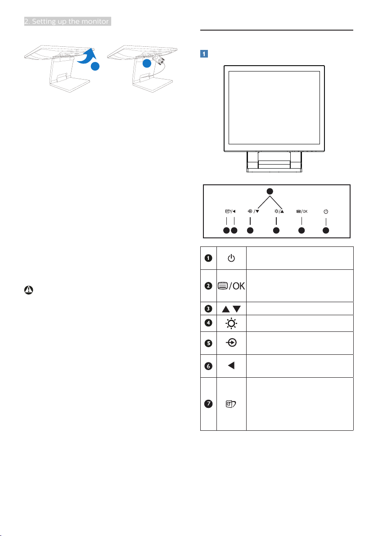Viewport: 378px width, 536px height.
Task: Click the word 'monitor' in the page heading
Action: click(x=95, y=21)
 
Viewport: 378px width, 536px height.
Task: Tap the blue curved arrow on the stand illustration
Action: click(x=86, y=56)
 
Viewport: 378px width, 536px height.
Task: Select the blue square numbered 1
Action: click(x=204, y=54)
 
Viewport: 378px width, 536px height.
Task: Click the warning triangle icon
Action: click(x=29, y=290)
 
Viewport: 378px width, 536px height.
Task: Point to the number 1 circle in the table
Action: click(x=208, y=258)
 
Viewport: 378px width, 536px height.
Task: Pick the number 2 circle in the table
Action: click(x=208, y=286)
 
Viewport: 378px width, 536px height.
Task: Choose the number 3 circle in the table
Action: click(x=208, y=308)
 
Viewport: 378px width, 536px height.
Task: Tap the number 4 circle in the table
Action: click(x=208, y=323)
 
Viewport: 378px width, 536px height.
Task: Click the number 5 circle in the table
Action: click(x=208, y=343)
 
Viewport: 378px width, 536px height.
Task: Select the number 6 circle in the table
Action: click(x=208, y=366)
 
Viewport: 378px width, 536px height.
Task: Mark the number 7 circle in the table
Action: click(x=208, y=404)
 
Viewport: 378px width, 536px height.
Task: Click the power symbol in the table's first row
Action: click(x=231, y=258)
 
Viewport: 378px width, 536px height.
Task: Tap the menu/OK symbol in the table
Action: click(x=231, y=286)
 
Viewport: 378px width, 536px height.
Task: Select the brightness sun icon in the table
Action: click(x=232, y=323)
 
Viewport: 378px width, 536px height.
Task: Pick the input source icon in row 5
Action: click(x=232, y=343)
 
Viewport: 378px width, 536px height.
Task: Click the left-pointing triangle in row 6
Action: click(x=231, y=366)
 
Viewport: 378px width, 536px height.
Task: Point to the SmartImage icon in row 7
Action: click(x=231, y=404)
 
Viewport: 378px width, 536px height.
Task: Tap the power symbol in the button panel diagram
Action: click(x=326, y=212)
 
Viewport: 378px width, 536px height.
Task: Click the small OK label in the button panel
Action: click(x=305, y=212)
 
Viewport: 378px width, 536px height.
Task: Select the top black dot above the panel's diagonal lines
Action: click(x=270, y=191)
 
